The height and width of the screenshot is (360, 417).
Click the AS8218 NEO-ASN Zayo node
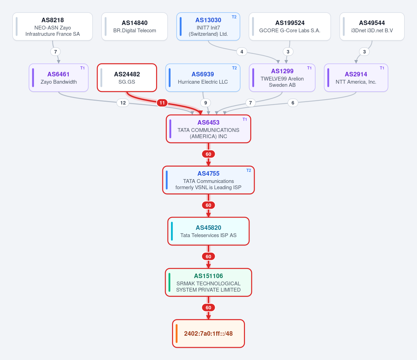point(52,27)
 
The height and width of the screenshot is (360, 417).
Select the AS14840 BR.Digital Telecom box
point(134,27)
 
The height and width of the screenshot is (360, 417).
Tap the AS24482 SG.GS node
point(127,78)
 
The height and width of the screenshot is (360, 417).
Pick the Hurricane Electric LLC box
point(203,78)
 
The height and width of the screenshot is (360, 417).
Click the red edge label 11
point(162,103)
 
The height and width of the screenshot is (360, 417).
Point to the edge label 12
point(123,103)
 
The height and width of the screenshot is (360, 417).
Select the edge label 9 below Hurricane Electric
point(206,103)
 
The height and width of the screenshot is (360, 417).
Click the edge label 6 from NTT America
point(293,103)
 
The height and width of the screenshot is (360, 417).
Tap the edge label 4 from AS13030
point(242,52)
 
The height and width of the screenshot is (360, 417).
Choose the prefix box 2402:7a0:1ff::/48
point(208,334)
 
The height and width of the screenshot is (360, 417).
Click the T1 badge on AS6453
point(245,119)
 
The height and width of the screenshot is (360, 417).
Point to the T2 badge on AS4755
point(248,170)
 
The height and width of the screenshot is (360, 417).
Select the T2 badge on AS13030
point(234,17)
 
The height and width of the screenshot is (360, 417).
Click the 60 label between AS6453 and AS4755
point(208,154)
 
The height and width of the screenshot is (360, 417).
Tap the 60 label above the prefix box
point(208,308)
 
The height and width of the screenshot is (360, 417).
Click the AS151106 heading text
point(208,276)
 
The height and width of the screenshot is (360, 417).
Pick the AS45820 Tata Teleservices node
point(208,231)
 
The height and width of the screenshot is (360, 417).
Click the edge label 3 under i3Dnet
point(364,52)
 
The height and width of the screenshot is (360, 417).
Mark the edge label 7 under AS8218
point(56,52)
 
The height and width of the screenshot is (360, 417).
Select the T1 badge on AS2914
point(382,68)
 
